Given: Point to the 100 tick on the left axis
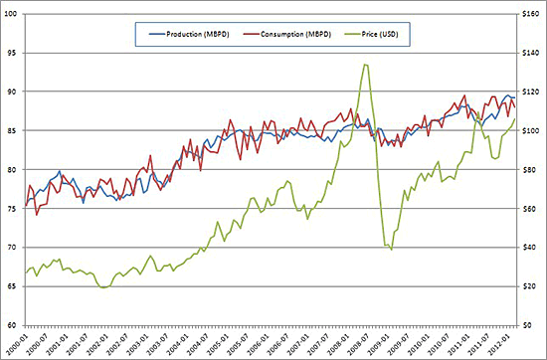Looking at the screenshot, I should (x=11, y=14).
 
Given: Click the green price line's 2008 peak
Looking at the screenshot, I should (x=366, y=65).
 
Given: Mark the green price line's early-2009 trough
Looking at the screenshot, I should (x=391, y=249).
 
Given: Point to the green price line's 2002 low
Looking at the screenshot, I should (x=103, y=287).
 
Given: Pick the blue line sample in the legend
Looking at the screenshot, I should (x=153, y=36).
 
